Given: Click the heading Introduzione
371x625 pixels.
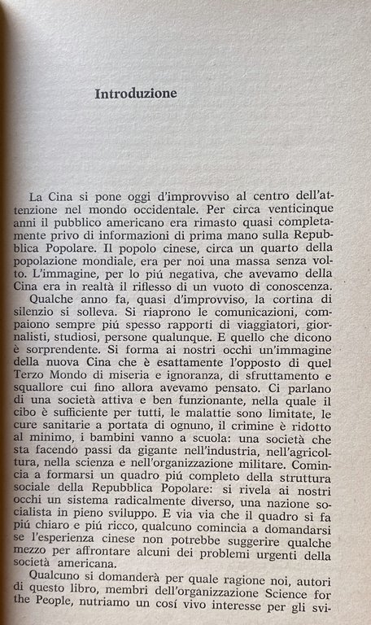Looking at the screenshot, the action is (136, 94).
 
